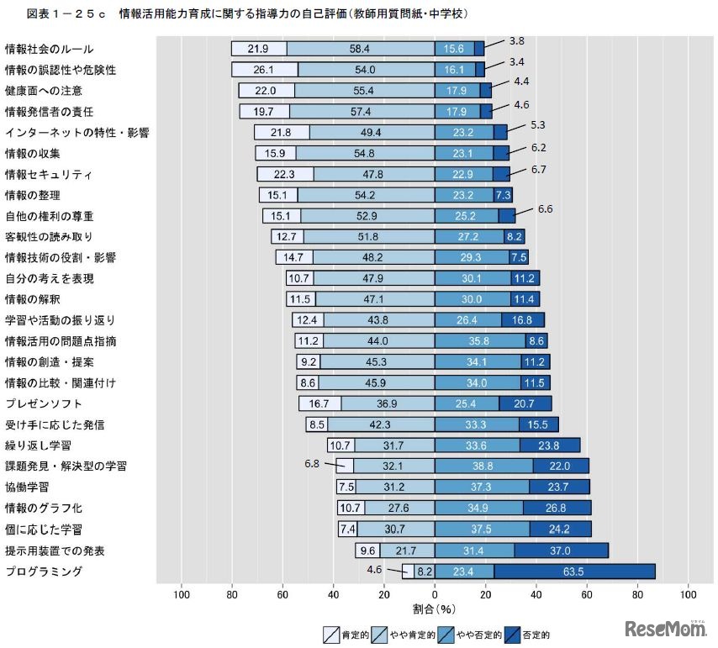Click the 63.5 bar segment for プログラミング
pos(573,572)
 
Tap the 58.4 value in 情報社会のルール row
pos(360,50)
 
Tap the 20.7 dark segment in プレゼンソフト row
pos(525,403)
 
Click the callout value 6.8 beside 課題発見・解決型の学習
pos(312,461)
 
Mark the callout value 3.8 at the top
pos(517,40)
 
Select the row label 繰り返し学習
pos(38,445)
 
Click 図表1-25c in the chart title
pos(66,13)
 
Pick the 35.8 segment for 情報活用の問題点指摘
pos(479,341)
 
